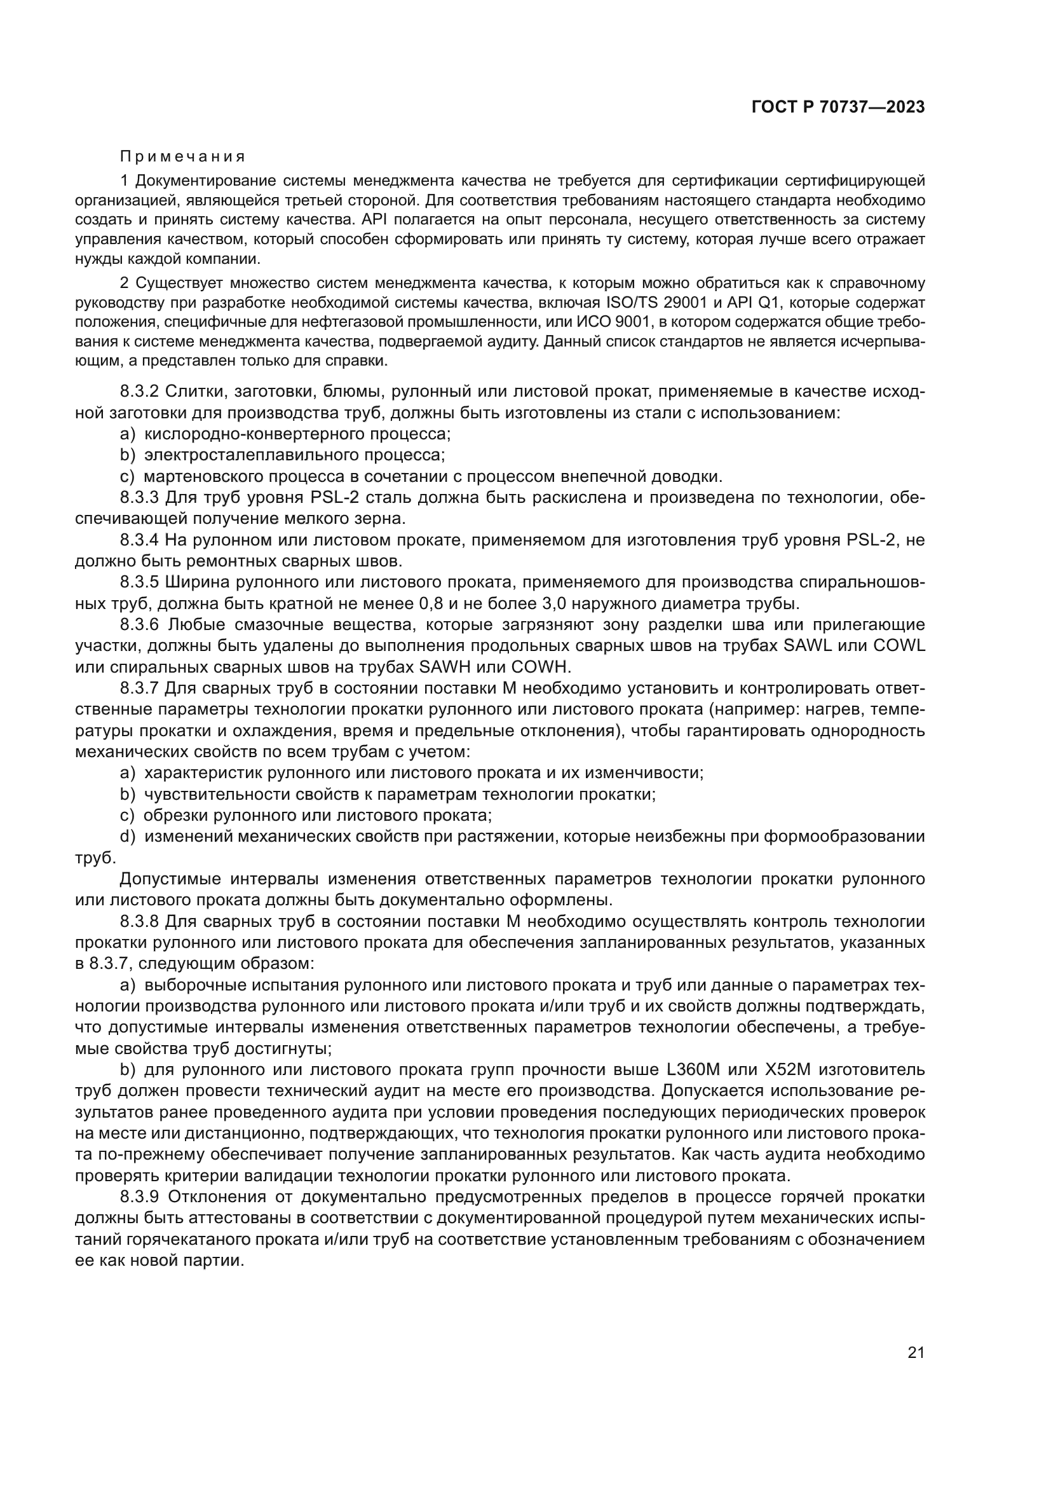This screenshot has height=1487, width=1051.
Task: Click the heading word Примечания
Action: [182, 157]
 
